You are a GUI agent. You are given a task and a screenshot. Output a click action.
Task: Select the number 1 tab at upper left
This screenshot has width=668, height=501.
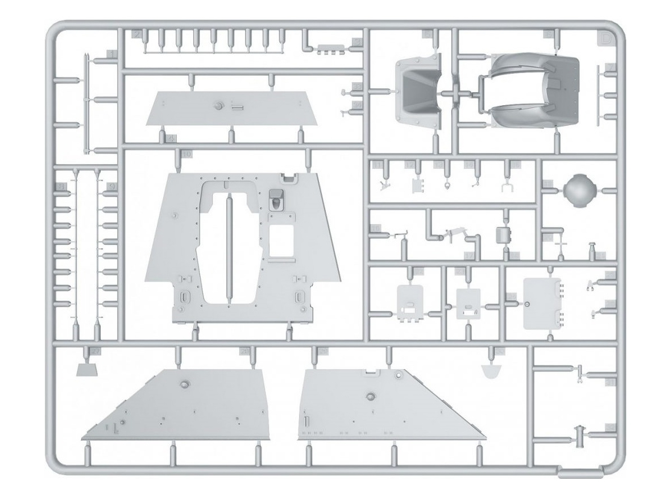(x=112, y=54)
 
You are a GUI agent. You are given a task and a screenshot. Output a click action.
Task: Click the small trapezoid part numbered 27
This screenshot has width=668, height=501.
(x=86, y=370)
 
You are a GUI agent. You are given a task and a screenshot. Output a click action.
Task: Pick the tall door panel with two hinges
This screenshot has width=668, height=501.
(x=541, y=303)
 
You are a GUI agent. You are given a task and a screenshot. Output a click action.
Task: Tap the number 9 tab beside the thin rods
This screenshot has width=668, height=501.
(x=112, y=186)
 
